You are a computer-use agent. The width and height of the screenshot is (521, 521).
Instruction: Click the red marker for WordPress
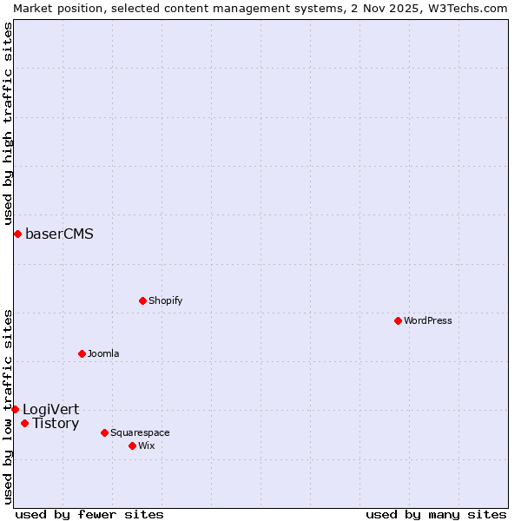(x=398, y=320)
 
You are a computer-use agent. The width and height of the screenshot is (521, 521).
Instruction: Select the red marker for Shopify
(x=142, y=300)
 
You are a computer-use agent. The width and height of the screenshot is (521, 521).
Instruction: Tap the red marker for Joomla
(x=82, y=353)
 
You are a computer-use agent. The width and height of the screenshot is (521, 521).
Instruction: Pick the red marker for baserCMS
(x=17, y=234)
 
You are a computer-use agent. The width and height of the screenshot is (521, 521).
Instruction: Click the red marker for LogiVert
(x=15, y=409)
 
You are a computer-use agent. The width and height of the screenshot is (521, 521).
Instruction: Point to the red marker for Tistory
(x=24, y=423)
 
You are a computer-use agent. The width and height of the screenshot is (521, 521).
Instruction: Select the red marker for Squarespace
(x=104, y=432)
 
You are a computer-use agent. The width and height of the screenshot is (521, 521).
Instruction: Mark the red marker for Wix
(x=132, y=445)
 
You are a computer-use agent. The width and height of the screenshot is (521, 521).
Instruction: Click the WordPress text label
(x=428, y=320)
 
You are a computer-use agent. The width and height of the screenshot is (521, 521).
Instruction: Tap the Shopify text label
(x=165, y=300)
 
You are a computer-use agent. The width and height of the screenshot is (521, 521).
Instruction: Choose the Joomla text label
(x=103, y=353)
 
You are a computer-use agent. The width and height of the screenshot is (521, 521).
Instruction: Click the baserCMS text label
(x=59, y=234)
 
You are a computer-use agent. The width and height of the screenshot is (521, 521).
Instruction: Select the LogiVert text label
(x=50, y=409)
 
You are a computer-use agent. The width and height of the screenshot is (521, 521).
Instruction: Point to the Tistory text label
(x=56, y=423)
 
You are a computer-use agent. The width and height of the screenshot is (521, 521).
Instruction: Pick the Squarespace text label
(x=140, y=432)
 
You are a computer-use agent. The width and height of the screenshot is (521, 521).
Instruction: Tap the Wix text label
(x=147, y=445)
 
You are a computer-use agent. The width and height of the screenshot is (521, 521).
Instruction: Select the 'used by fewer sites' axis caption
(x=89, y=514)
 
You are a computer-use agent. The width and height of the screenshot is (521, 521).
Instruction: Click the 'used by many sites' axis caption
(x=436, y=514)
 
